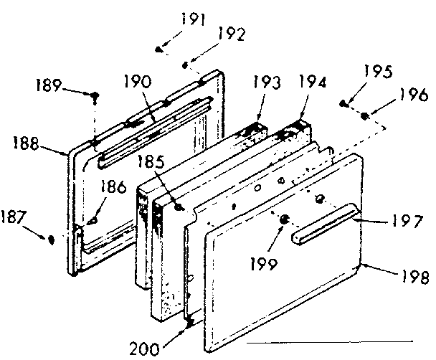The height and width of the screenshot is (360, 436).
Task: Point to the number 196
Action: tap(413, 95)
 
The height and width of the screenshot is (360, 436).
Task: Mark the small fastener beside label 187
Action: tap(51, 239)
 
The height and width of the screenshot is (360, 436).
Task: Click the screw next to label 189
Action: tap(94, 94)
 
